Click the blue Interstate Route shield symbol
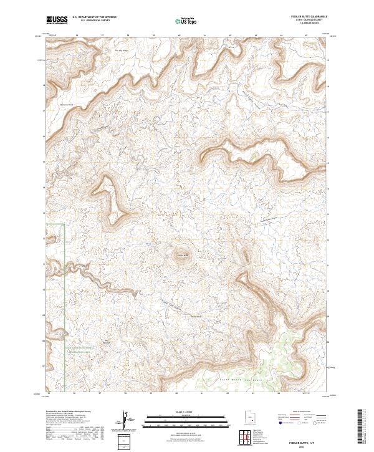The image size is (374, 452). (280, 423)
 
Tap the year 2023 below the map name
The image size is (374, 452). (302, 446)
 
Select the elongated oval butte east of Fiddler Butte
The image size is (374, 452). (245, 256)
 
